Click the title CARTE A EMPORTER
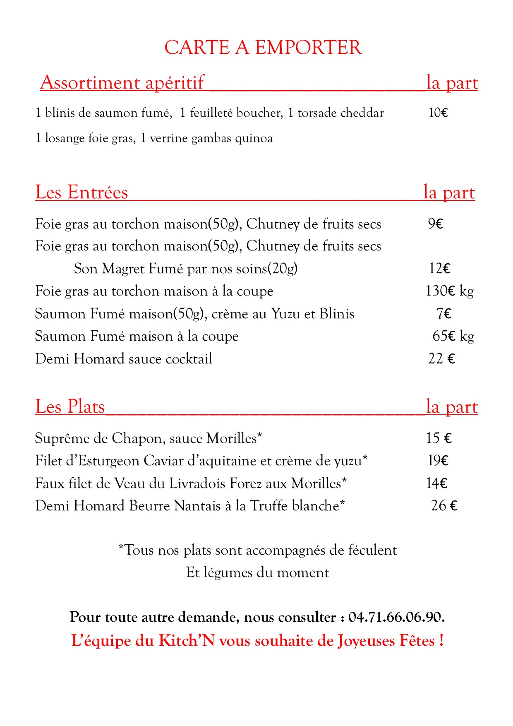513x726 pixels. (263, 48)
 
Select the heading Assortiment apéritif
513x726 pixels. (122, 82)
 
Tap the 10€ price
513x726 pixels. (438, 113)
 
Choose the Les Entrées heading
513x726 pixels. (82, 192)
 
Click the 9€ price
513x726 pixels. (436, 224)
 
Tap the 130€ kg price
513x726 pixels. (449, 291)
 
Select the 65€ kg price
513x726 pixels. (453, 336)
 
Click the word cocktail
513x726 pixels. (189, 358)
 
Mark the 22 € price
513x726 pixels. (441, 358)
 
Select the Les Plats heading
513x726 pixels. (70, 406)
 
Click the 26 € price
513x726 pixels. (444, 506)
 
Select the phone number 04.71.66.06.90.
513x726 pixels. (396, 617)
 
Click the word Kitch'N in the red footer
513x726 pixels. (187, 641)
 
